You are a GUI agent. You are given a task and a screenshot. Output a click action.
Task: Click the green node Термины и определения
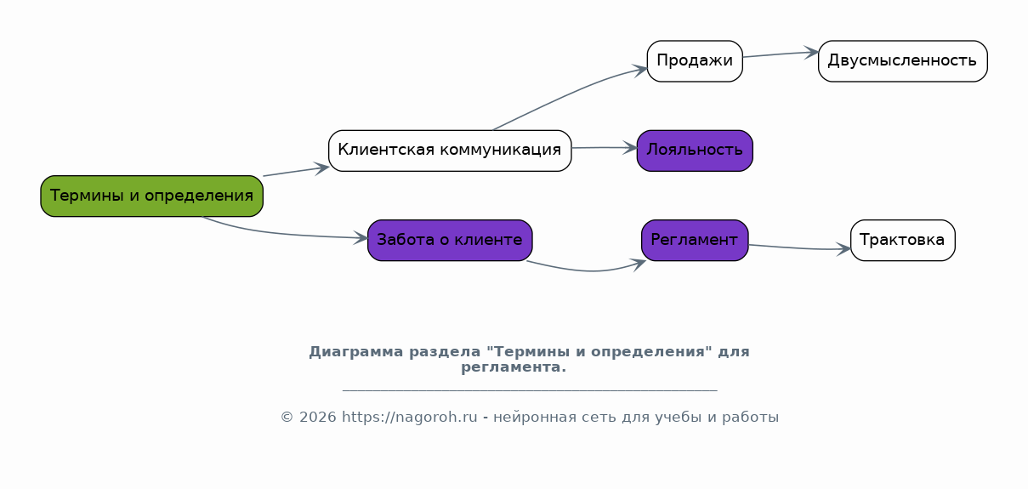[x=152, y=196]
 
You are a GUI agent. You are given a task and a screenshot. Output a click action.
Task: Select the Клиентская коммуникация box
[x=450, y=151]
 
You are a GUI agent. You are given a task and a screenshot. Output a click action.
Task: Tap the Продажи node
[x=695, y=61]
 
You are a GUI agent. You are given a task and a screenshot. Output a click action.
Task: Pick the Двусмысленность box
[x=903, y=61]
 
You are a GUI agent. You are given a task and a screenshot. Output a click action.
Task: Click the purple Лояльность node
[x=695, y=151]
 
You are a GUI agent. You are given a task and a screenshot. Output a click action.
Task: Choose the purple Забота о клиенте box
[x=450, y=240]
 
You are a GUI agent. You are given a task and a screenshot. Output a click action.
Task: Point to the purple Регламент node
[x=695, y=240]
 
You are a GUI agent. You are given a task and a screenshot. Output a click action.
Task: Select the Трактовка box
[x=903, y=240]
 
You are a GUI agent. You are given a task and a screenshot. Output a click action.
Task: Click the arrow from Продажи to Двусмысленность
[x=781, y=54]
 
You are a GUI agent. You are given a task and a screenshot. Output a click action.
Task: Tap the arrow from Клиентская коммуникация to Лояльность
[x=605, y=147]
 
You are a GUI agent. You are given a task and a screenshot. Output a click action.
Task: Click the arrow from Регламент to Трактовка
[x=799, y=248]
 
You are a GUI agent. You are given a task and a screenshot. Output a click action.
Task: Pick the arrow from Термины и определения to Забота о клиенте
[x=280, y=234]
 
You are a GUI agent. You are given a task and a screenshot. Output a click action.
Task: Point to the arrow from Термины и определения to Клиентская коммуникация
[x=296, y=171]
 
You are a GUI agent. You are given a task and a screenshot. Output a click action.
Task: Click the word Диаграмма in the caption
[x=356, y=352]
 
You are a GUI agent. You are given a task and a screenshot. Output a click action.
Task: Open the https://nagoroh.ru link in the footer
[x=410, y=417]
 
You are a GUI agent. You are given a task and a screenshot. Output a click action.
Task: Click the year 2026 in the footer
[x=317, y=417]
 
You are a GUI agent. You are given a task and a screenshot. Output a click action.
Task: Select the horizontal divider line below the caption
[x=530, y=390]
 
